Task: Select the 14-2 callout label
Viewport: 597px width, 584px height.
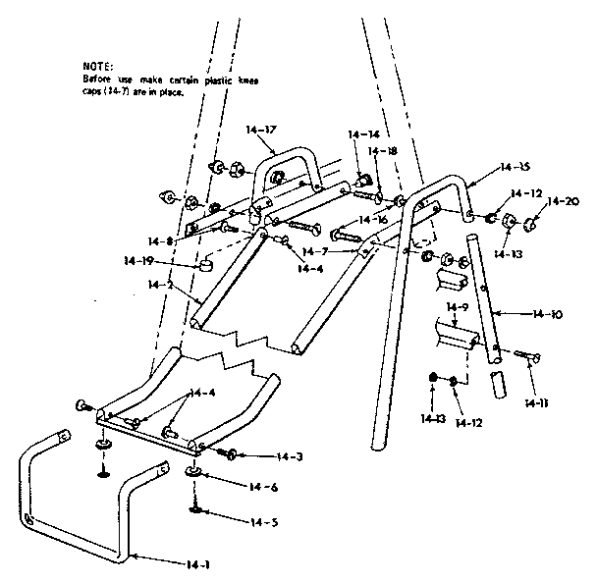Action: click(158, 285)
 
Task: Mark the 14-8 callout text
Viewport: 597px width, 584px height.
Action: click(162, 240)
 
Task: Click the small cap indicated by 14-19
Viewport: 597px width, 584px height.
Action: click(206, 265)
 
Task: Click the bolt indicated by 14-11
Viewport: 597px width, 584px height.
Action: click(527, 354)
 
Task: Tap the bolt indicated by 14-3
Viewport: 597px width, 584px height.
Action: click(231, 453)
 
